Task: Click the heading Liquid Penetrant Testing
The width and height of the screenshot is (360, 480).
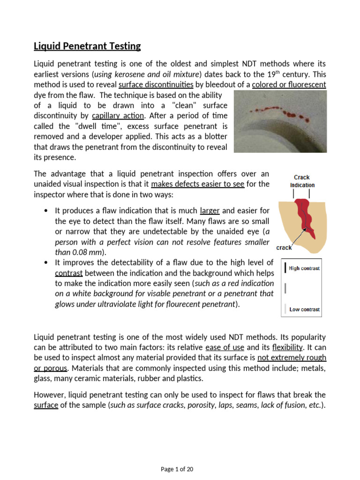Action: click(87, 46)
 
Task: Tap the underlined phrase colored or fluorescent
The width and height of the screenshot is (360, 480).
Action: click(289, 85)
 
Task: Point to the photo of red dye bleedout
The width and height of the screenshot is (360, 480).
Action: click(280, 121)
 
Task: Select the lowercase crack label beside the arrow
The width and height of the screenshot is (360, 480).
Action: click(284, 247)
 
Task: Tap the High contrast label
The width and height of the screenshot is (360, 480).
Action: click(304, 268)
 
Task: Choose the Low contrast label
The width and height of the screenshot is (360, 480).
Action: click(304, 309)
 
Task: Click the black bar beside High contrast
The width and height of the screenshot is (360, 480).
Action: click(285, 268)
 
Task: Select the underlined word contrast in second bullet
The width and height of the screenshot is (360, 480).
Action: click(68, 273)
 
